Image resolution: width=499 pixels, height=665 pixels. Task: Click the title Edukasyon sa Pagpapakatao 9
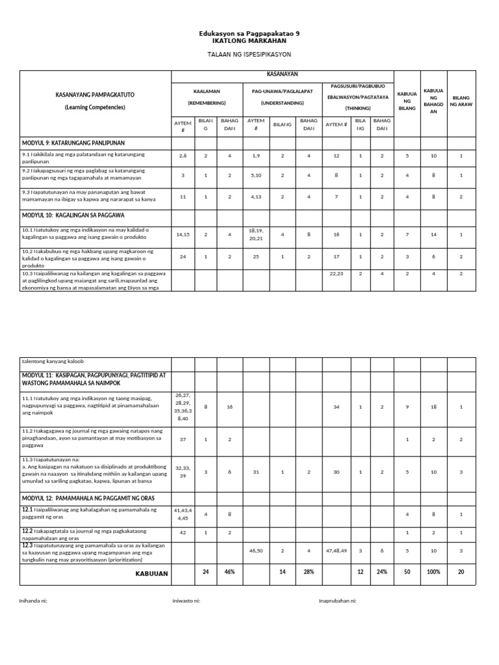(x=249, y=32)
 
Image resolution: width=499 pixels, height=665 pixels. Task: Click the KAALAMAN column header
(x=207, y=92)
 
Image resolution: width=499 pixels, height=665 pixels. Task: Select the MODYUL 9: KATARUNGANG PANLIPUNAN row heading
(x=73, y=142)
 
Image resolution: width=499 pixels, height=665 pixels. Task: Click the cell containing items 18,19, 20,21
(x=256, y=234)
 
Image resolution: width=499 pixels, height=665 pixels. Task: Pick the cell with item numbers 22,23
(x=336, y=273)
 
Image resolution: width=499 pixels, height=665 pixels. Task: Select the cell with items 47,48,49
(x=337, y=550)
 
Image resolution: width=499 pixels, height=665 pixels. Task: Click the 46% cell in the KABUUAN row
(x=229, y=572)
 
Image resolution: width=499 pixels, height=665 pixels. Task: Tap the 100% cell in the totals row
(x=433, y=572)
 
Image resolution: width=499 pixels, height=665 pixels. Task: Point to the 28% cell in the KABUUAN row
(x=309, y=572)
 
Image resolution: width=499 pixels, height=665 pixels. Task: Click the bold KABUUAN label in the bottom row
(x=151, y=573)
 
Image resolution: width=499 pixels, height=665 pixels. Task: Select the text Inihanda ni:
(x=33, y=601)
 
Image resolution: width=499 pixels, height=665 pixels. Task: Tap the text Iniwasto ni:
(x=186, y=601)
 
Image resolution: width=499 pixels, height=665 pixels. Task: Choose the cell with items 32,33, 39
(x=183, y=471)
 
